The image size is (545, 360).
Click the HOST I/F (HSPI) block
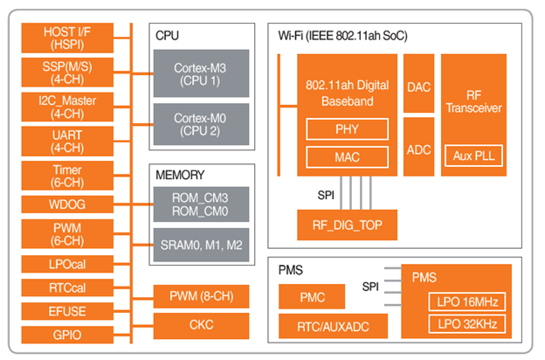[x=69, y=38]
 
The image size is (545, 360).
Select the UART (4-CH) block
[x=69, y=140]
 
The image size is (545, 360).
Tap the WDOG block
[x=69, y=204]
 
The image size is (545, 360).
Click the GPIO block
[x=69, y=333]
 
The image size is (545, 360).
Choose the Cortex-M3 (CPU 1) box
[x=201, y=73]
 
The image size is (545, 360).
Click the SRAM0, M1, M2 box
[x=201, y=246]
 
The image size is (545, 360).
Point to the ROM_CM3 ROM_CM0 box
[x=201, y=204]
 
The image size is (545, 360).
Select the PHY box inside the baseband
[x=346, y=129]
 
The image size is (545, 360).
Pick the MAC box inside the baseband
[x=346, y=158]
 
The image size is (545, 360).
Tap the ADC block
[x=418, y=148]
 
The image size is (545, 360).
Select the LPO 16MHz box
[x=466, y=302]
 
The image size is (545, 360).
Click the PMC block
[x=312, y=297]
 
